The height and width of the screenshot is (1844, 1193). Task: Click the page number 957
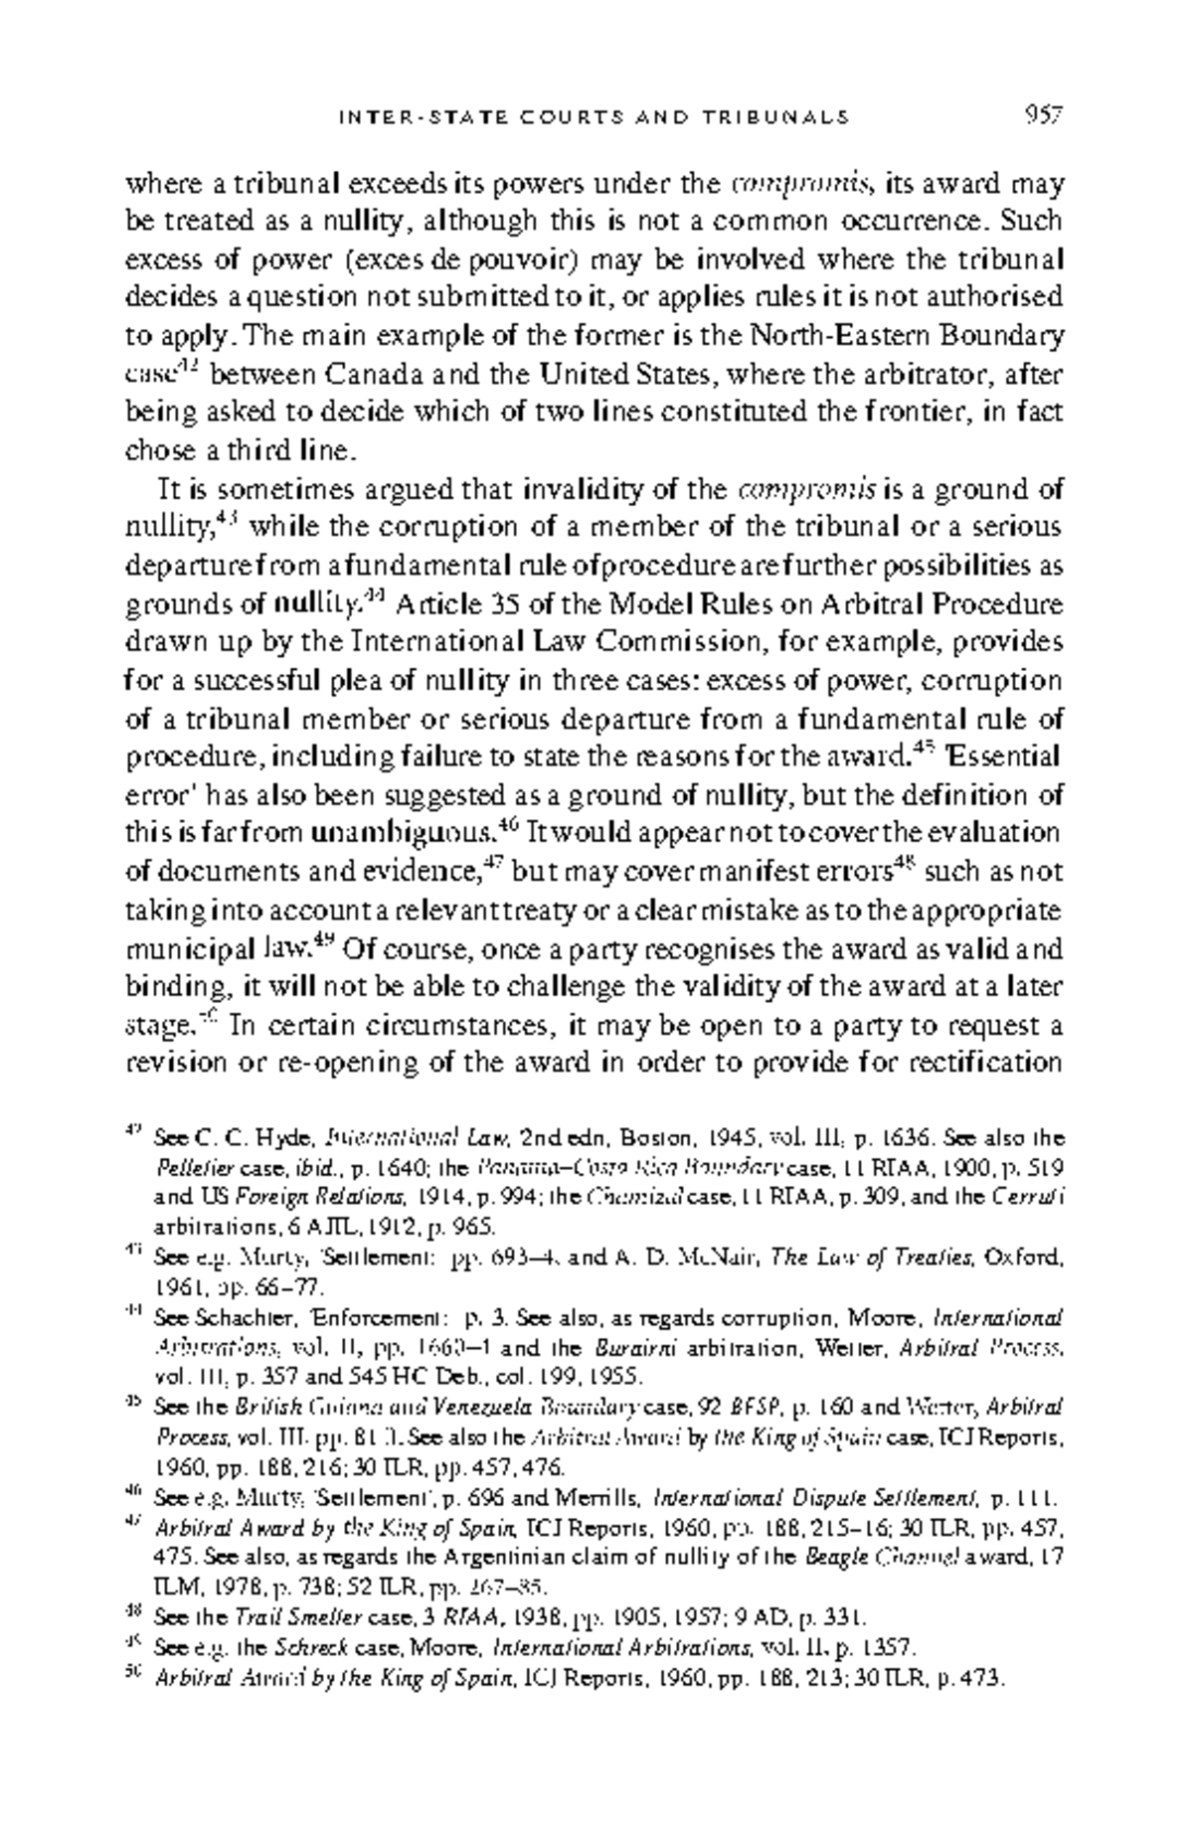(1044, 116)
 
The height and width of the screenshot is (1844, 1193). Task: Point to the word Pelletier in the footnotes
(187, 1165)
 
